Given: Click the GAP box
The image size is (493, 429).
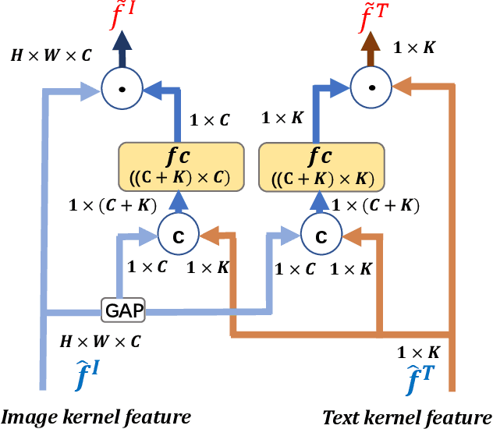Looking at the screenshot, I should click(123, 310).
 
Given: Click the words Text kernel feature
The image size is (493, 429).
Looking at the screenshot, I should click(406, 416).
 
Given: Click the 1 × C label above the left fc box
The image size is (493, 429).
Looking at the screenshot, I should click(210, 120).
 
